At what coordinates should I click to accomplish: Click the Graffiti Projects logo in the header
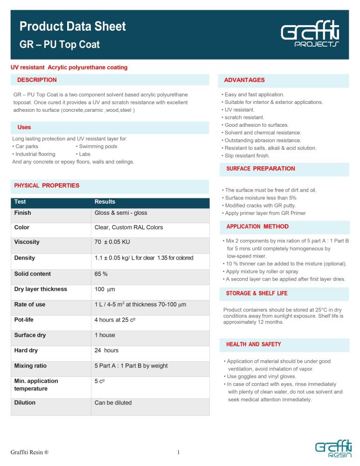click(x=310, y=34)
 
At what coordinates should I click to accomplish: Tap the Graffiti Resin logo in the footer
click(x=333, y=449)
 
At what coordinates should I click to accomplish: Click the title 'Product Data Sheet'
click(x=73, y=26)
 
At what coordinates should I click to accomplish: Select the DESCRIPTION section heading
click(x=37, y=80)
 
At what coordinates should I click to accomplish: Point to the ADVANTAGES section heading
click(x=244, y=80)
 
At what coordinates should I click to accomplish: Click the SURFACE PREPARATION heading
click(x=261, y=169)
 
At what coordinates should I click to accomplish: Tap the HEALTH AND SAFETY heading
click(x=254, y=344)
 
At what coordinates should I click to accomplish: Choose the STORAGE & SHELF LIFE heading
click(x=257, y=294)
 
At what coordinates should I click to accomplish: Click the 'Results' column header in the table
click(x=105, y=202)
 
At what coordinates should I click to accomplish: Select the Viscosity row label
click(x=27, y=242)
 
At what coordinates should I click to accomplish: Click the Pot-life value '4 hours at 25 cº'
click(x=116, y=320)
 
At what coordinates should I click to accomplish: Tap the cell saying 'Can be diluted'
click(x=113, y=403)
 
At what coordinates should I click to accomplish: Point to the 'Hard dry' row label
click(x=26, y=350)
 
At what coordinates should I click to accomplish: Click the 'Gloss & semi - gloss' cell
click(x=121, y=212)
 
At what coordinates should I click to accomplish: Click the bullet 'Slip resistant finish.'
click(x=247, y=156)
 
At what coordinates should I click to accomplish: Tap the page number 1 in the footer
click(x=179, y=452)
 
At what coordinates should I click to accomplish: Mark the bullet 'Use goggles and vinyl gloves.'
click(x=262, y=377)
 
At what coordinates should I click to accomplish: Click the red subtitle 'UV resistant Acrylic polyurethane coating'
click(x=69, y=68)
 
